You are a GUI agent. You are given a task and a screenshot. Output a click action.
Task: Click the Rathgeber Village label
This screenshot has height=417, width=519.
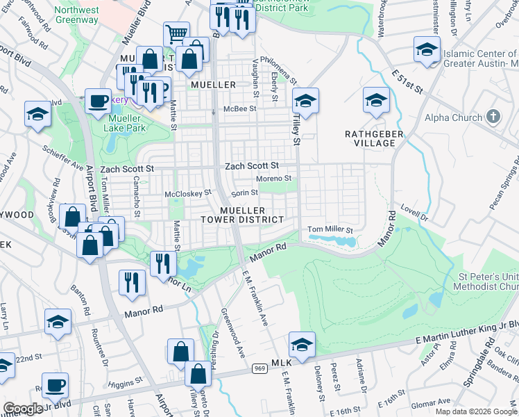pos(370,138)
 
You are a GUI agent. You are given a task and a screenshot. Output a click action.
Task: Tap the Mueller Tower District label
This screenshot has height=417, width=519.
pos(252,215)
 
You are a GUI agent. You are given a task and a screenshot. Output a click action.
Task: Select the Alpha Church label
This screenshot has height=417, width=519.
pos(453,117)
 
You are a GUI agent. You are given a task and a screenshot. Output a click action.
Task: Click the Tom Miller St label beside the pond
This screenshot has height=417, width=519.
pos(330,229)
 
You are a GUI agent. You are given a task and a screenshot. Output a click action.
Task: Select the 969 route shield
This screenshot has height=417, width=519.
pos(259,368)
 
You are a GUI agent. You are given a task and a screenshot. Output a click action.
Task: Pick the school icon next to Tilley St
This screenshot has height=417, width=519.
pos(305,101)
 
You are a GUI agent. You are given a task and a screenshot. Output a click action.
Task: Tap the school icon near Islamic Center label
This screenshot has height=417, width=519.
pos(427,50)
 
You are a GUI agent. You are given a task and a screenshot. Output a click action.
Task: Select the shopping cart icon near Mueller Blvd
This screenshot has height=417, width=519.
pos(176,34)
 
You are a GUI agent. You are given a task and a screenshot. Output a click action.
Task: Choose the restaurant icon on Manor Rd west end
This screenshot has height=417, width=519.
pos(128,282)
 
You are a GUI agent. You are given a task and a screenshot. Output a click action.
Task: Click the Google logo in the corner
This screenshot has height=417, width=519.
pos(23,409)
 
